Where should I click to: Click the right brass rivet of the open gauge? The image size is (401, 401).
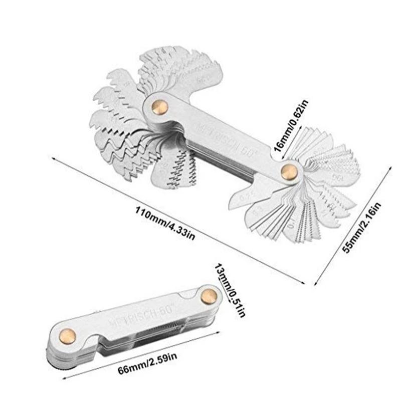point(288,172)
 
